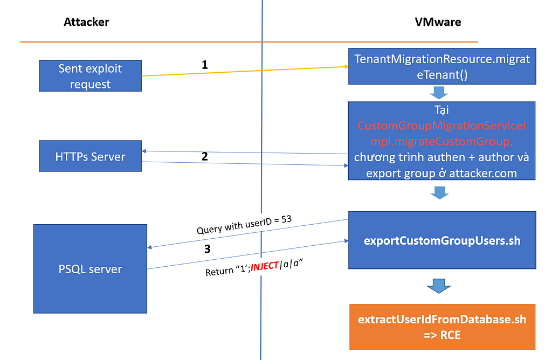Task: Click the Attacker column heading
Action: (x=86, y=22)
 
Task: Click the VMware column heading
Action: (x=438, y=22)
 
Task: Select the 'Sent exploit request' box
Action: (x=90, y=75)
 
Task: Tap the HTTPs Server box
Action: (x=90, y=156)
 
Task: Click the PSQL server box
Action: (x=90, y=269)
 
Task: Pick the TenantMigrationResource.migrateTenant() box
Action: (x=442, y=66)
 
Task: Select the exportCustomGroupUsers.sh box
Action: (x=442, y=240)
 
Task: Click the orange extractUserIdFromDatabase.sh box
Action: (x=442, y=327)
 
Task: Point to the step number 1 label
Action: (x=204, y=65)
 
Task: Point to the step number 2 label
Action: (x=204, y=156)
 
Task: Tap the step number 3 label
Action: (x=208, y=249)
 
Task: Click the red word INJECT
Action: (x=265, y=266)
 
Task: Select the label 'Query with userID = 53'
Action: (x=244, y=225)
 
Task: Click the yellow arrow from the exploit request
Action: (x=245, y=71)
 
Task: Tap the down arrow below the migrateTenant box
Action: (x=439, y=93)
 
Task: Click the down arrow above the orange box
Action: (x=439, y=286)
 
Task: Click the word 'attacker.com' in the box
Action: (x=483, y=173)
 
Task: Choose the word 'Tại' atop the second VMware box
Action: (x=441, y=110)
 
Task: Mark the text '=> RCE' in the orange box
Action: (x=442, y=335)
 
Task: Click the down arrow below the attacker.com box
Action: (x=439, y=193)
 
